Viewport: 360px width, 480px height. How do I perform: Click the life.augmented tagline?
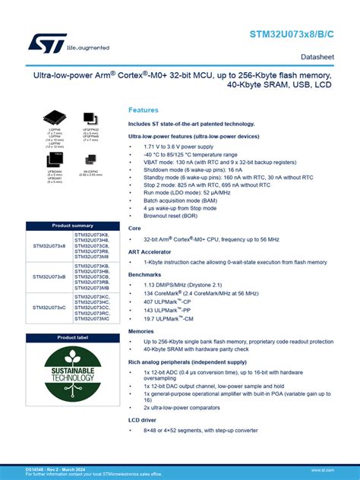pos(87,48)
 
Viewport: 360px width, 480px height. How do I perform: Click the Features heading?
pos(144,110)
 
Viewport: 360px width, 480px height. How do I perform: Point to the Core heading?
pos(134,228)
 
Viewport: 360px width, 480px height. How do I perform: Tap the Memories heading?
pos(141,331)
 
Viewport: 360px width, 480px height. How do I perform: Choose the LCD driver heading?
pos(142,419)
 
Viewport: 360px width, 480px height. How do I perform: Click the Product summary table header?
pos(72,226)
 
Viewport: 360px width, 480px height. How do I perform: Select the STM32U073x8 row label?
pos(49,246)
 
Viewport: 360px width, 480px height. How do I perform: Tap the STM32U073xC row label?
pos(49,307)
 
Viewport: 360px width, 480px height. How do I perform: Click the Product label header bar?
pos(72,337)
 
